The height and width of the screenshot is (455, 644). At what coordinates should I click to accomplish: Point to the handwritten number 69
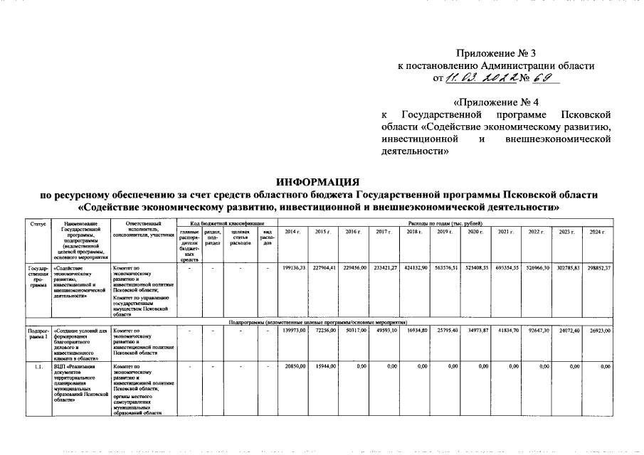(x=542, y=78)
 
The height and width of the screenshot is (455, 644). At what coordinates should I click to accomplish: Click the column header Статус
(x=38, y=224)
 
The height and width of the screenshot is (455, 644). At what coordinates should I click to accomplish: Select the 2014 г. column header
(x=292, y=232)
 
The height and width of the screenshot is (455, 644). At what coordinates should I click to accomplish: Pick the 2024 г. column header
(x=597, y=232)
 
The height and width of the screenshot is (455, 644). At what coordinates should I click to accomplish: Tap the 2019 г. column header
(x=445, y=232)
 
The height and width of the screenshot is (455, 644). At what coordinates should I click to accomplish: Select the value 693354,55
(x=507, y=269)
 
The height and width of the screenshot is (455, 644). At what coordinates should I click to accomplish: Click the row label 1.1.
(x=38, y=366)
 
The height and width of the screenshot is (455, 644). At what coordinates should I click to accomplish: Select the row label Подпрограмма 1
(x=38, y=334)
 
